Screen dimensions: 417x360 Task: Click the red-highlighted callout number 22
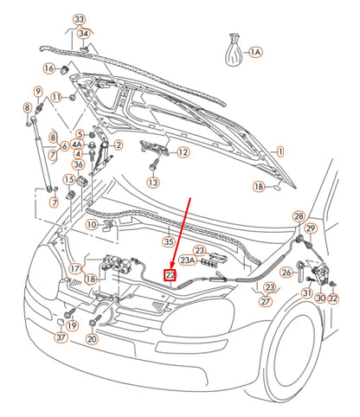(170, 275)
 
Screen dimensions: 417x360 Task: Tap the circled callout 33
(80, 19)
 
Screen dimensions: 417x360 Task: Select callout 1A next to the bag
(254, 53)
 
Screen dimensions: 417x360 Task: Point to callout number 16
(49, 68)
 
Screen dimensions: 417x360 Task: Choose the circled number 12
(183, 152)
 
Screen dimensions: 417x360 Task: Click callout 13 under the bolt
(153, 183)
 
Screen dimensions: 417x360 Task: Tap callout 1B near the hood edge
(259, 186)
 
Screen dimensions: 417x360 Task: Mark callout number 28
(299, 216)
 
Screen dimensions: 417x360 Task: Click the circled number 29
(312, 228)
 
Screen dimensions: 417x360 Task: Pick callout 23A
(188, 260)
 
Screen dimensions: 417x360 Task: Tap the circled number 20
(93, 339)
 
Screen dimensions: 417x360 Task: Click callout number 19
(72, 325)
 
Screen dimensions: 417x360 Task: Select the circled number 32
(333, 298)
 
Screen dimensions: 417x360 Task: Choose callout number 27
(265, 301)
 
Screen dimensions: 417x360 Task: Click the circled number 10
(91, 225)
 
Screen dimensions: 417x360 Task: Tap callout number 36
(78, 164)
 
